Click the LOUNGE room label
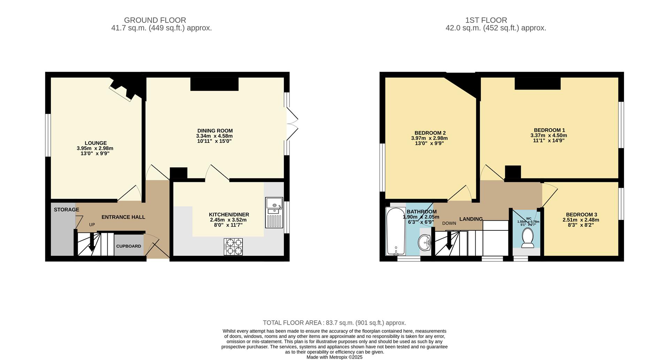point(95,143)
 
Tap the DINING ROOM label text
point(215,131)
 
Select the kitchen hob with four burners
point(233,247)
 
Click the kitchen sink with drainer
point(274,213)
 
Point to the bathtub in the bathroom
point(395,231)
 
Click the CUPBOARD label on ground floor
point(129,246)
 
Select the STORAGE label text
point(66,209)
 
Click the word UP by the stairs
point(92,225)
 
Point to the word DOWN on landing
point(449,223)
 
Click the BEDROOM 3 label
point(581,215)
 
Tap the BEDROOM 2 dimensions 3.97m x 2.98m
point(429,138)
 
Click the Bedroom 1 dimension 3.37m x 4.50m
point(548,135)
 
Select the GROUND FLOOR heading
point(155,20)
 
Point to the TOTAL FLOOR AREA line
point(334,323)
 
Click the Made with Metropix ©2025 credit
point(334,357)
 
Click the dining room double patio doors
point(292,124)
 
